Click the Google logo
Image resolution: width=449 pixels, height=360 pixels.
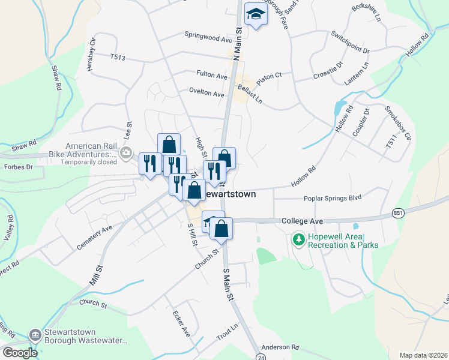point(20,352)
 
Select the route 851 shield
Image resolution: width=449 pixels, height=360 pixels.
point(398,213)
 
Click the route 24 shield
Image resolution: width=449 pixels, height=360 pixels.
point(260,356)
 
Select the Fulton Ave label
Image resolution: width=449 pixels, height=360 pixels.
point(212,76)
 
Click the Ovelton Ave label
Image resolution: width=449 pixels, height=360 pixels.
point(206,94)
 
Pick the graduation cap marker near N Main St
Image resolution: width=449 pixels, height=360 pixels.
point(256,16)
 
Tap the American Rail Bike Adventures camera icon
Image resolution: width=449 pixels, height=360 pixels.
point(125,152)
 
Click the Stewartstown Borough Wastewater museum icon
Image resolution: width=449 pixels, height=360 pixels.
point(35,334)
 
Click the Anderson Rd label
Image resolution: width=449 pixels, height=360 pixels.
point(280,347)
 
